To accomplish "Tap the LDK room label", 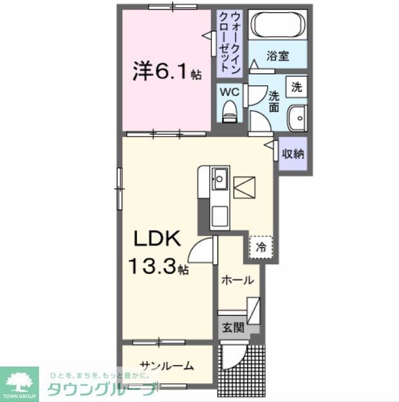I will click(x=156, y=240).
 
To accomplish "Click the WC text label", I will click(x=230, y=92).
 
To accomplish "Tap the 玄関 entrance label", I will click(x=234, y=327).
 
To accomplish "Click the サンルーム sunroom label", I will click(x=167, y=366).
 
